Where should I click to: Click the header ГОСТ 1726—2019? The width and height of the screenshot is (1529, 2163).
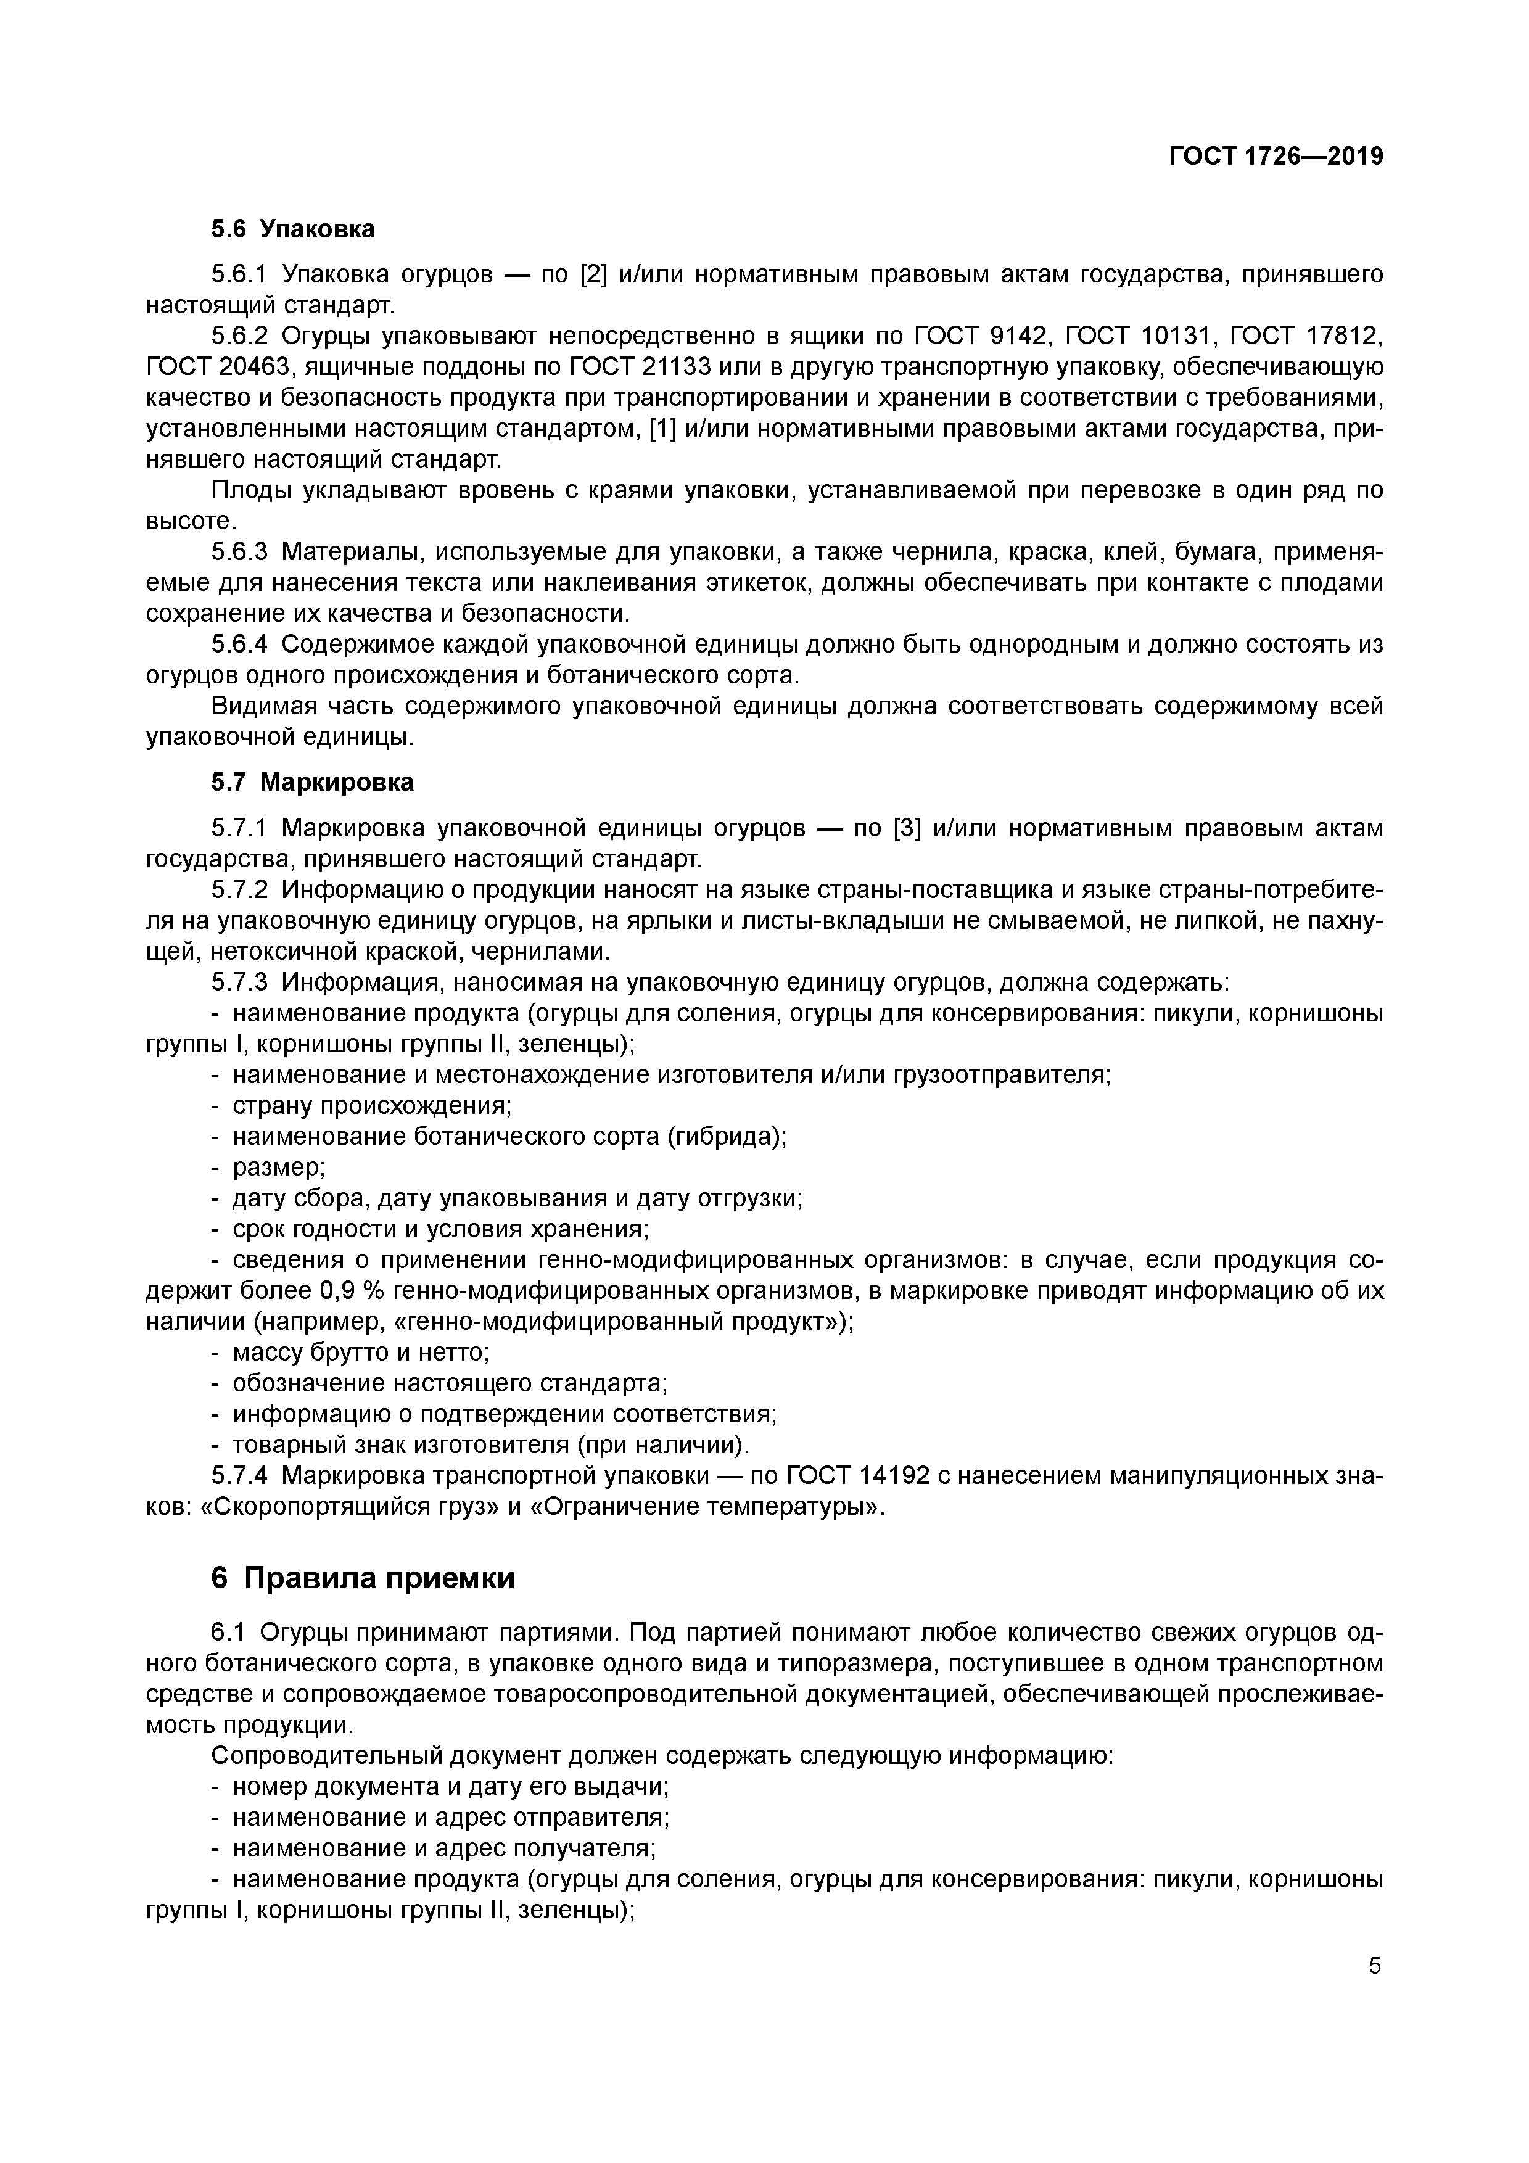[x=1276, y=157]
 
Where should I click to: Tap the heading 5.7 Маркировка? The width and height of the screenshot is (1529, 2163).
[x=312, y=782]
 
